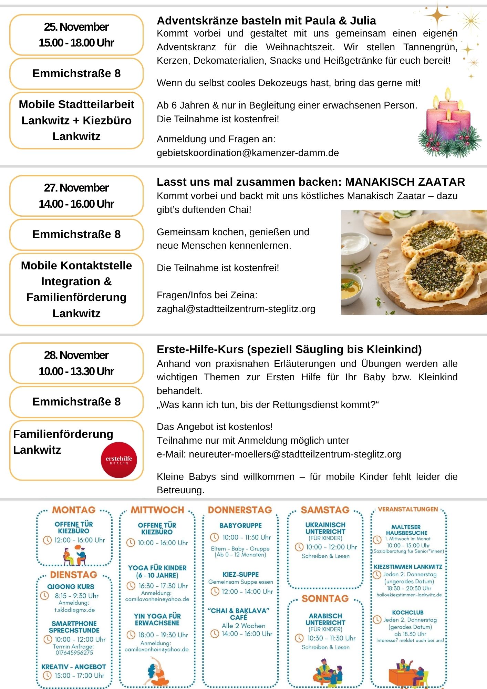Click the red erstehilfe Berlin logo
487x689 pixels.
pyautogui.click(x=119, y=460)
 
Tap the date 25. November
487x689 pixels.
pyautogui.click(x=76, y=27)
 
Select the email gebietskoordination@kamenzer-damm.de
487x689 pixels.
pyautogui.click(x=248, y=153)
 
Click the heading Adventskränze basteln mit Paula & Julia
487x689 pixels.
pyautogui.click(x=266, y=21)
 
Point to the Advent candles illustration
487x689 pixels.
pyautogui.click(x=449, y=125)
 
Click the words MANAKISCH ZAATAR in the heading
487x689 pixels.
pyautogui.click(x=405, y=182)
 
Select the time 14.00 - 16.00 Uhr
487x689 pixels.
pyautogui.click(x=76, y=204)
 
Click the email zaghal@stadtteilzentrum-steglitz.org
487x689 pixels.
pyautogui.click(x=236, y=309)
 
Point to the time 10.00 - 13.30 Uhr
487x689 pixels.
pyautogui.click(x=76, y=371)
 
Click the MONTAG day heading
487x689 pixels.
pyautogui.click(x=74, y=510)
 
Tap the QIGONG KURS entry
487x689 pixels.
pyautogui.click(x=71, y=586)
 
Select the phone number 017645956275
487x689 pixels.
pyautogui.click(x=74, y=652)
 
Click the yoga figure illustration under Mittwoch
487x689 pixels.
pyautogui.click(x=157, y=672)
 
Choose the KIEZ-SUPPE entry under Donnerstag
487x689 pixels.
pyautogui.click(x=240, y=574)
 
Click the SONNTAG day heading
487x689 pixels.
pyautogui.click(x=325, y=599)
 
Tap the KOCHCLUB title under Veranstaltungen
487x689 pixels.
pyautogui.click(x=408, y=612)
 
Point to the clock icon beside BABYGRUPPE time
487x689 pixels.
pyautogui.click(x=214, y=537)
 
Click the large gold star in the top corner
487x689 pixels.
pyautogui.click(x=437, y=14)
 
